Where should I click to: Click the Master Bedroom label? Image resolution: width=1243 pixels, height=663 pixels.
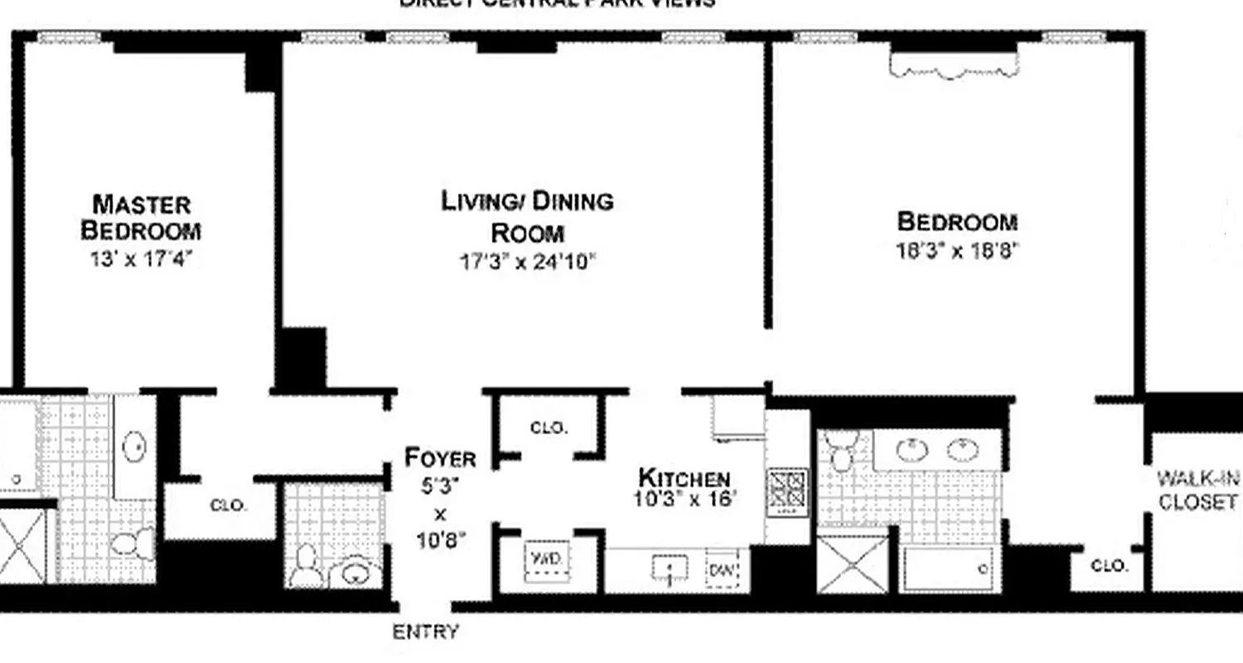point(141,216)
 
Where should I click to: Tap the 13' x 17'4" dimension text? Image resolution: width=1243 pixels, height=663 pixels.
point(141,259)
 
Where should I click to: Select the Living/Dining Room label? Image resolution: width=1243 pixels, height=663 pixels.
point(527,215)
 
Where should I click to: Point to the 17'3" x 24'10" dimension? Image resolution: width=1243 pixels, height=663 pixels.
point(528,263)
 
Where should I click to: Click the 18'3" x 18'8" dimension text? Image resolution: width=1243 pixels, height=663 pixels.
point(956,250)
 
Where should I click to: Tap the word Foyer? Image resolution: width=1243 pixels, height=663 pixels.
point(440,458)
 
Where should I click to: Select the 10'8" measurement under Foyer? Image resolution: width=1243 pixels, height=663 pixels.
point(441,541)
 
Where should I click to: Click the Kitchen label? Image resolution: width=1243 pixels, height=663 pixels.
point(684,478)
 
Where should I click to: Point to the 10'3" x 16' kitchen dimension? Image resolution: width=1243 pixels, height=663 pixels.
point(684,500)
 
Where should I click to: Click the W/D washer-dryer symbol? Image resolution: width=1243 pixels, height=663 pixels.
point(546,559)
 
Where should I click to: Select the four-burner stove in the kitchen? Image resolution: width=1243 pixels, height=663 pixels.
point(786,488)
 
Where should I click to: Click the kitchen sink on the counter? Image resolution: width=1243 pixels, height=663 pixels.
point(670,569)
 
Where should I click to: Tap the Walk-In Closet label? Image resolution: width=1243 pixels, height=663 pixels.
point(1198,490)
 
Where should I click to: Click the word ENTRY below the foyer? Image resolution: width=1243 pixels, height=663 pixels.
point(425,632)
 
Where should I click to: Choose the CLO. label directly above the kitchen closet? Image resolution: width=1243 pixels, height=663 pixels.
point(549,428)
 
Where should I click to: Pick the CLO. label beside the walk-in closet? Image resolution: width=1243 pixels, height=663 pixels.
point(1109,566)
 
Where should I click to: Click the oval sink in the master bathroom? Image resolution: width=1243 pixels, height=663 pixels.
point(135,447)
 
